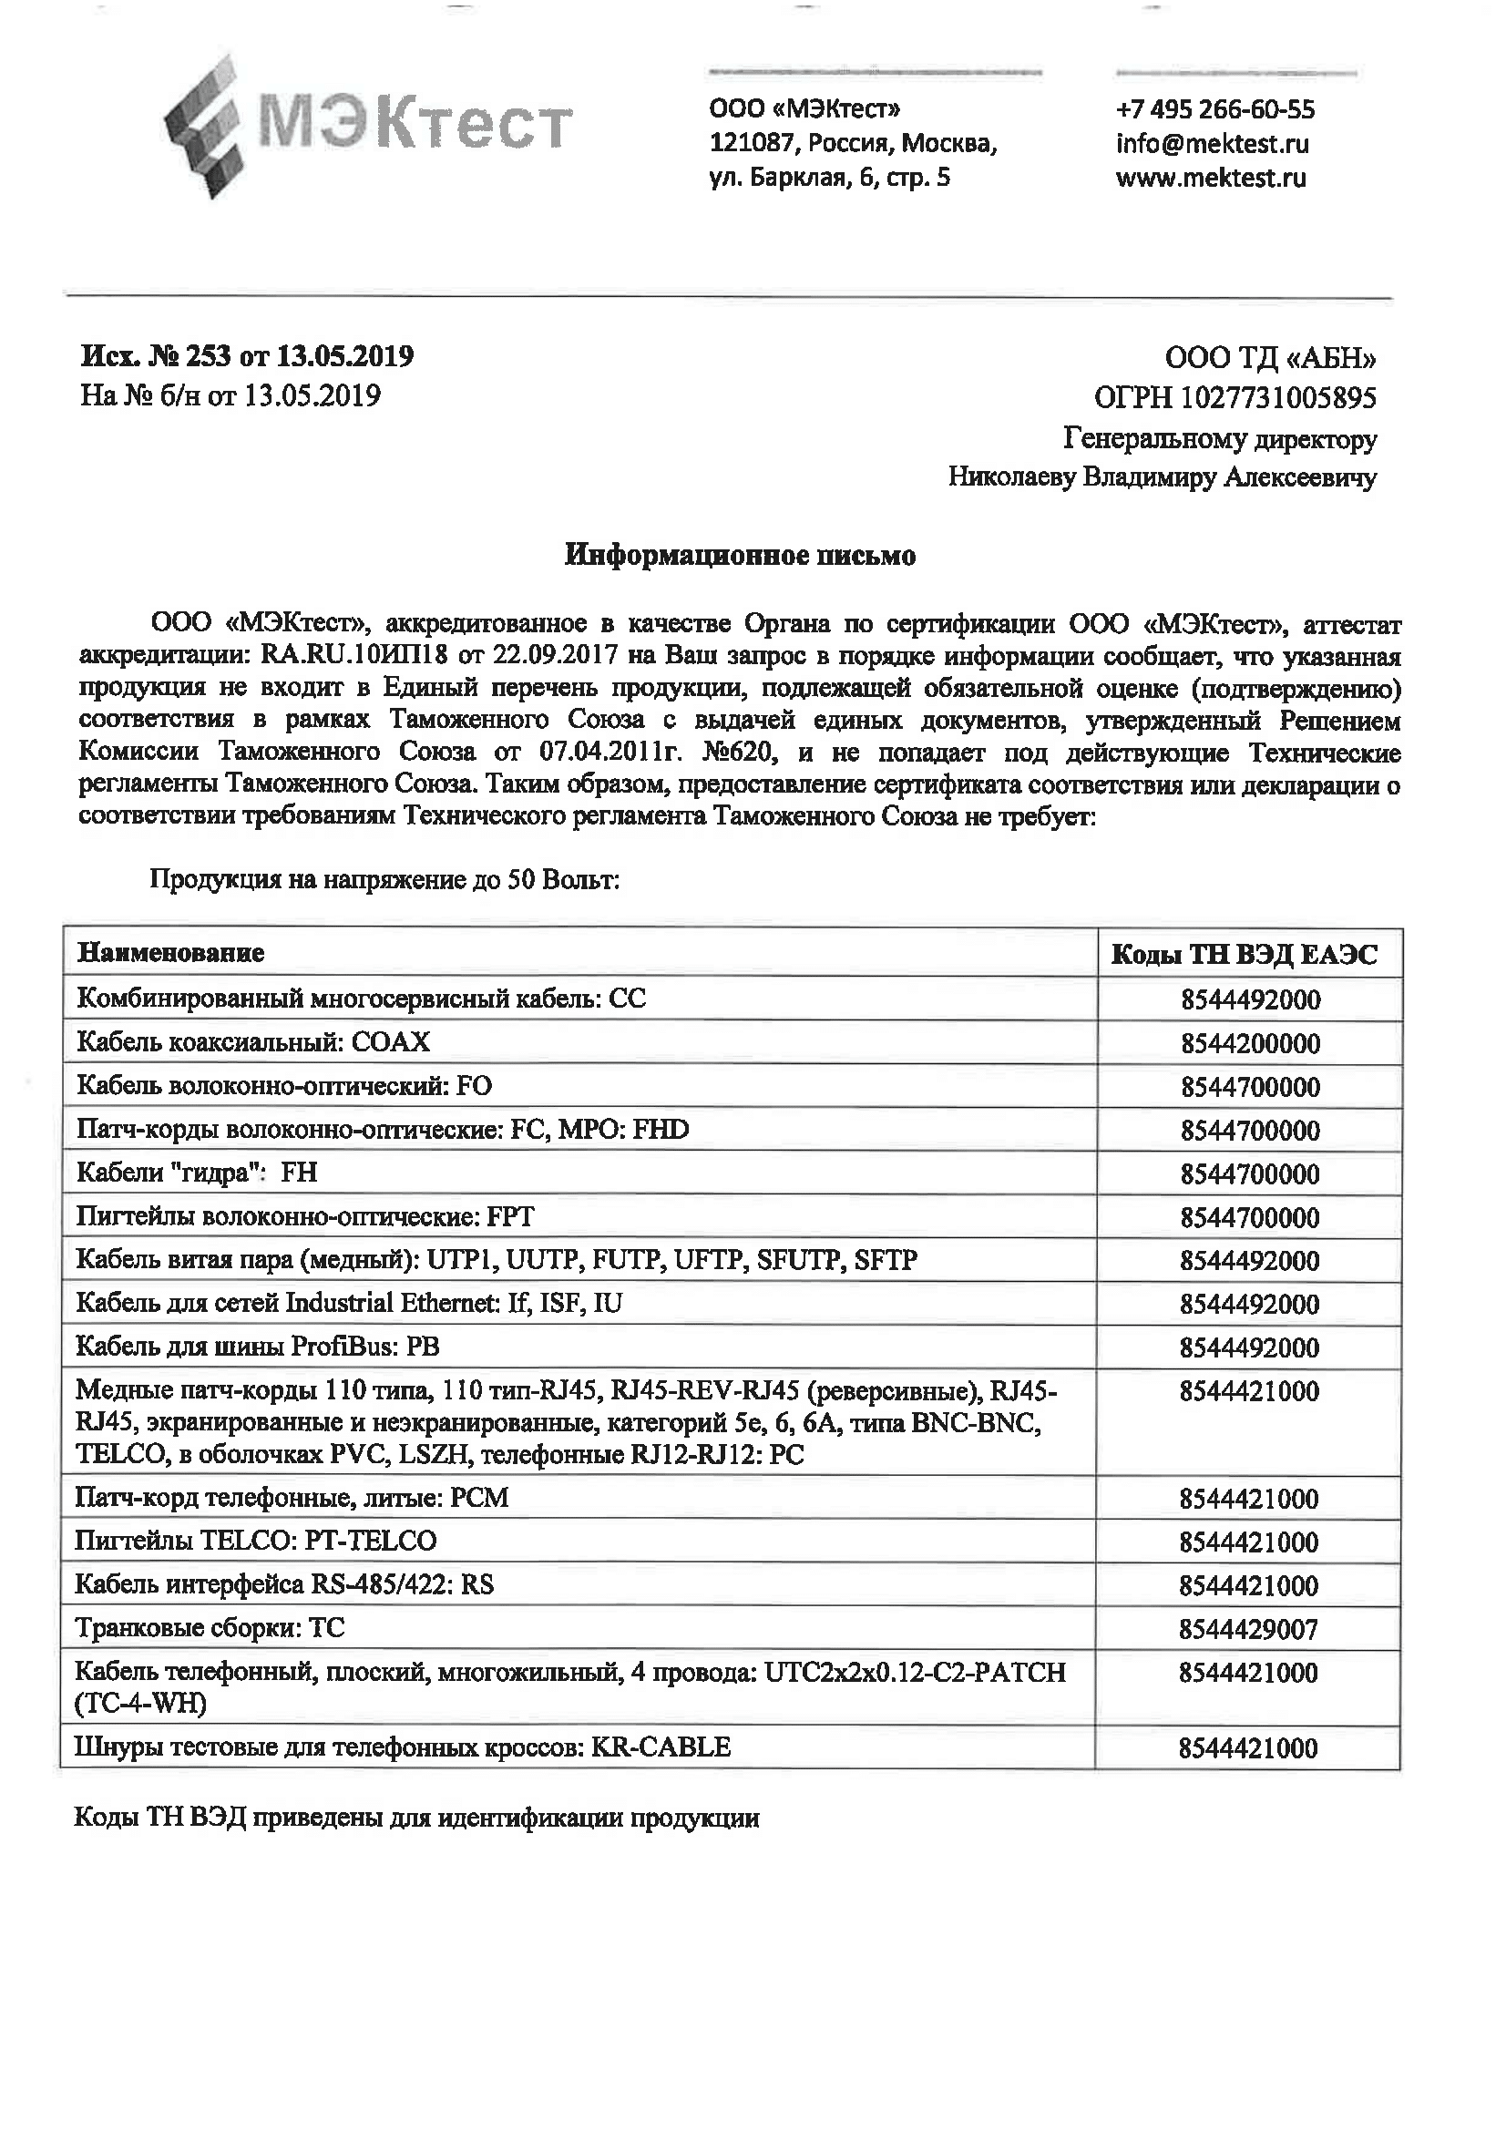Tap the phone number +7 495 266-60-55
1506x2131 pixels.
pyautogui.click(x=1214, y=109)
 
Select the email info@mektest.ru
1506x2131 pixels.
pyautogui.click(x=1212, y=144)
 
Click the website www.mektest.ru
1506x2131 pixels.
pyautogui.click(x=1210, y=178)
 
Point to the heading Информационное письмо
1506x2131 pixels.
pyautogui.click(x=741, y=556)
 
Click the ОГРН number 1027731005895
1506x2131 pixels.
pyautogui.click(x=1277, y=398)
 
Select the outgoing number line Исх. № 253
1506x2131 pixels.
pyautogui.click(x=247, y=356)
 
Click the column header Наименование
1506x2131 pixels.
pyautogui.click(x=170, y=953)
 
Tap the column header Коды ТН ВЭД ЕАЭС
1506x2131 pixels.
pyautogui.click(x=1245, y=954)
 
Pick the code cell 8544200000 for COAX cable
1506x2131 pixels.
pyautogui.click(x=1250, y=1044)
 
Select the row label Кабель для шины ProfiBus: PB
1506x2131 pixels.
pyautogui.click(x=258, y=1347)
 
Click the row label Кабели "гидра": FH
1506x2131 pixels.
pyautogui.click(x=197, y=1173)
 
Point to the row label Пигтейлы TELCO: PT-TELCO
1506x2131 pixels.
pyautogui.click(x=256, y=1541)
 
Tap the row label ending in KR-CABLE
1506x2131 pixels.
pyautogui.click(x=403, y=1747)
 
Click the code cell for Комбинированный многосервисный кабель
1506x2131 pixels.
pyautogui.click(x=1250, y=1000)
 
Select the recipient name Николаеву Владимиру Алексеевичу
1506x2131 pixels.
pyautogui.click(x=1162, y=477)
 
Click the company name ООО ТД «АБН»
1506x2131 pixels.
pyautogui.click(x=1270, y=358)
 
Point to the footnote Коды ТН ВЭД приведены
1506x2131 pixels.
pyautogui.click(x=416, y=1819)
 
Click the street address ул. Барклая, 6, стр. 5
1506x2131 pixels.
pyautogui.click(x=830, y=178)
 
